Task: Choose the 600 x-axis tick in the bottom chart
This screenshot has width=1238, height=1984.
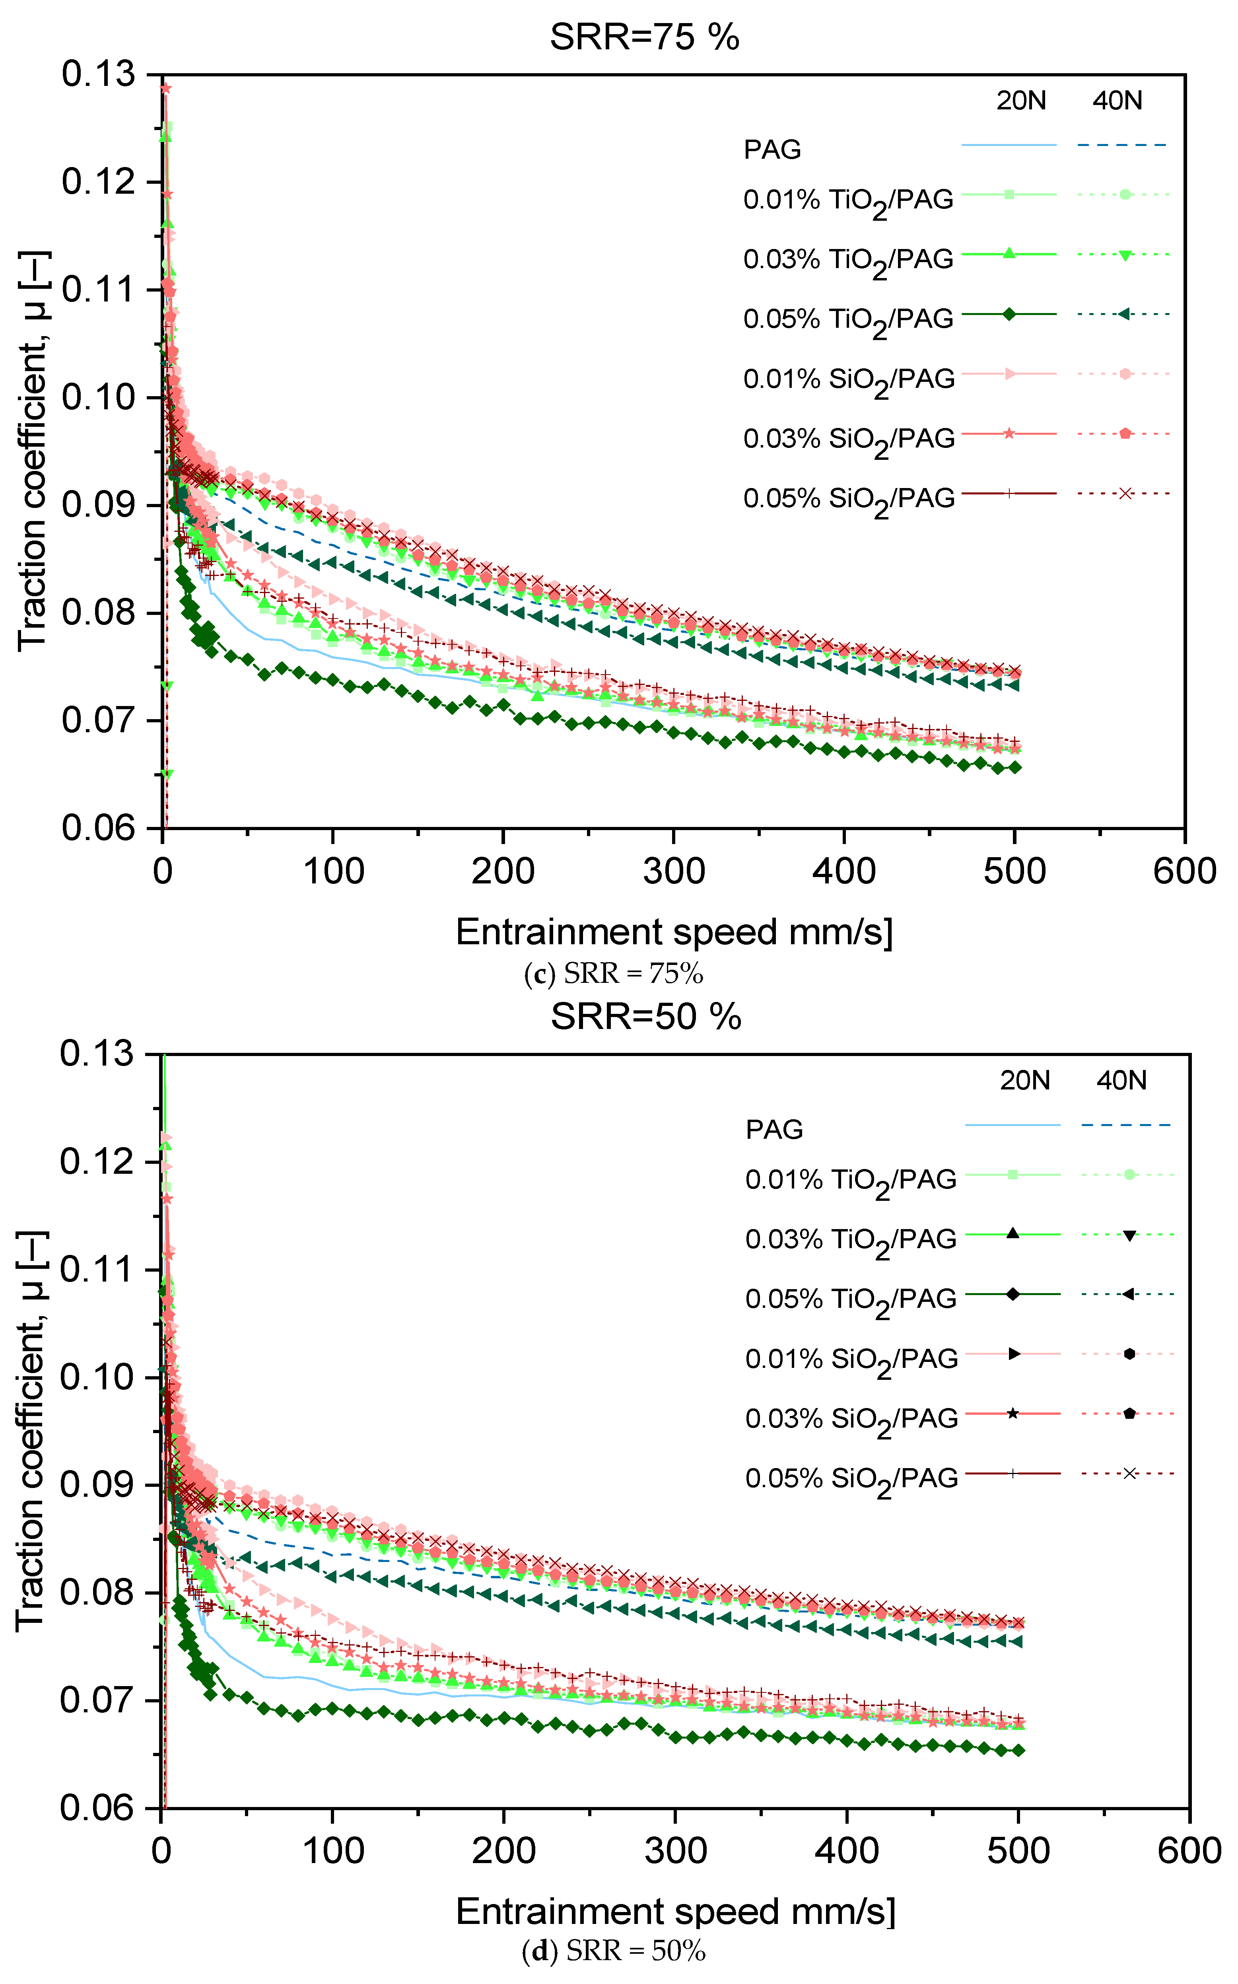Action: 1189,1850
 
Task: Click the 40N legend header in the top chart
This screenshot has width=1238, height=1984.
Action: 1117,101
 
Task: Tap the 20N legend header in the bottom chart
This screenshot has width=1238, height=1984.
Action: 1024,1081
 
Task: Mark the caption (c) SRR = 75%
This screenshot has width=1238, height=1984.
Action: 613,974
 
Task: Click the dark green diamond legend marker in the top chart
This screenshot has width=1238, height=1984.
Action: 1009,313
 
